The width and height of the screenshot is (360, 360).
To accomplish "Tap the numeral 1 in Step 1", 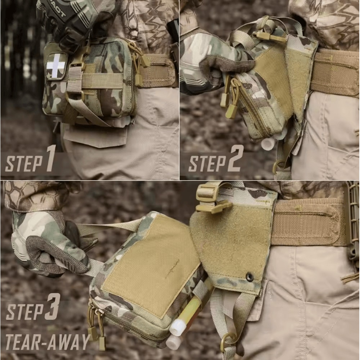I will (x=50, y=159).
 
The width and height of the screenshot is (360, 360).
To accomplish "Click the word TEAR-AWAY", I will (x=47, y=342).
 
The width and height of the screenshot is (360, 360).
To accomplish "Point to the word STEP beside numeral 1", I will (x=24, y=163).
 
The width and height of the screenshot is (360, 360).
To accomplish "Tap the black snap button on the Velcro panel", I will (x=249, y=276).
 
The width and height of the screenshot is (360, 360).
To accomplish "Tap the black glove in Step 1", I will (x=68, y=22).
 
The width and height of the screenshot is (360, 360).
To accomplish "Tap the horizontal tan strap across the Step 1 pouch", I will (x=103, y=81).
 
